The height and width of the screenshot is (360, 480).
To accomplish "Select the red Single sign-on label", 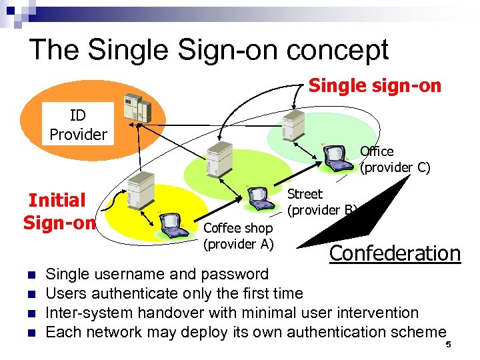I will point(375,86).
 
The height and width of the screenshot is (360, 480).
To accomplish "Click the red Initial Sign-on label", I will point(57,211).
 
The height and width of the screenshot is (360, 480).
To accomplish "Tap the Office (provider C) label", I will point(395,159).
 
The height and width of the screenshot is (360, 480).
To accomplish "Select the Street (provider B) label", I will point(321,202).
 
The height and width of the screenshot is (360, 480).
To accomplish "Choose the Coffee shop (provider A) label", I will point(238,236).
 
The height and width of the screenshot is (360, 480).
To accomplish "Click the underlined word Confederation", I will point(395,253).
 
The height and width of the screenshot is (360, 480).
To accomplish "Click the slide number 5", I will point(449,345).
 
